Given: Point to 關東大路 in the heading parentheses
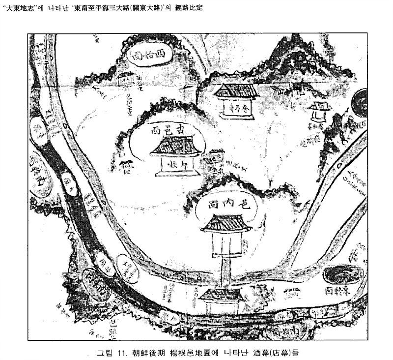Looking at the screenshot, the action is pyautogui.click(x=139, y=9).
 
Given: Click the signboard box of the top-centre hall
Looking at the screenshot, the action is pyautogui.click(x=238, y=107).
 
